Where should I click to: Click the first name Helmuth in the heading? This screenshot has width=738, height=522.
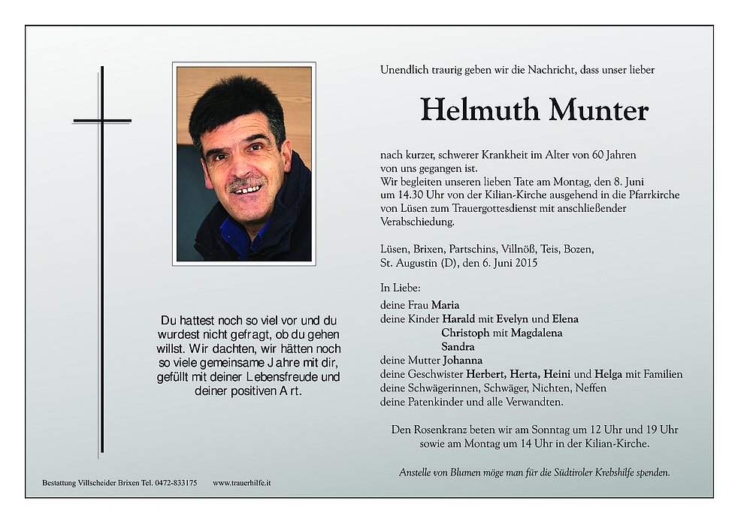click(x=480, y=110)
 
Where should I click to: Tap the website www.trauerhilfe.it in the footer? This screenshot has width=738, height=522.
click(x=241, y=483)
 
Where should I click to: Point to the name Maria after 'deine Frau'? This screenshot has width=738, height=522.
click(x=445, y=305)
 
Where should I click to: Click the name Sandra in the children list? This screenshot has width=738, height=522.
click(x=458, y=346)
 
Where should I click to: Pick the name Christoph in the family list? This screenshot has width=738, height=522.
click(x=465, y=333)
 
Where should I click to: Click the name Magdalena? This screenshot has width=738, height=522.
click(x=536, y=333)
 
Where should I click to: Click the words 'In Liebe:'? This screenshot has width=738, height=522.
click(x=401, y=288)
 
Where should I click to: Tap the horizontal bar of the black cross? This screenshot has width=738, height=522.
click(x=102, y=120)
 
